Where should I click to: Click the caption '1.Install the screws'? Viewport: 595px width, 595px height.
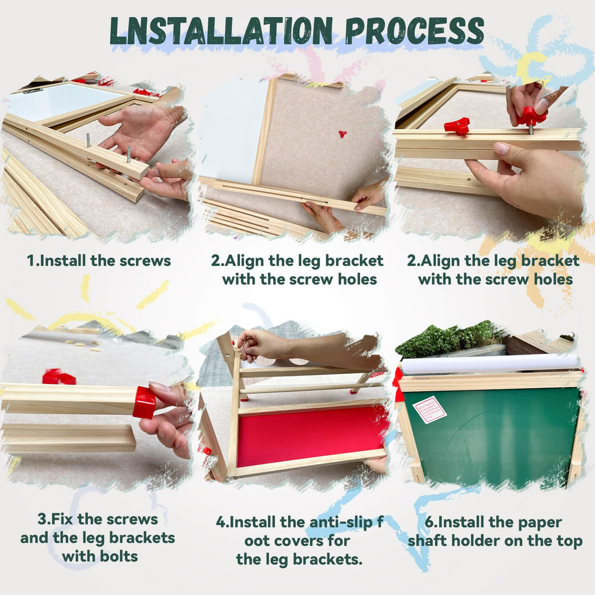pyautogui.click(x=99, y=260)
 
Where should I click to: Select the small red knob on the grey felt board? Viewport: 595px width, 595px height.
pyautogui.click(x=343, y=134)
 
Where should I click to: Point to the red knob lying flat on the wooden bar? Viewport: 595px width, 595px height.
pyautogui.click(x=456, y=126)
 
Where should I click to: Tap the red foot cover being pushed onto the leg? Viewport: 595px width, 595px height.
pyautogui.click(x=144, y=402)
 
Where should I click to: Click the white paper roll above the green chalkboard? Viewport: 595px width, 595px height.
pyautogui.click(x=490, y=364)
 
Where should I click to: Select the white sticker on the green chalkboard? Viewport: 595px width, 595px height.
pyautogui.click(x=430, y=410)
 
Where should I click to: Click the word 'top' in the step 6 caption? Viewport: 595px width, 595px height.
pyautogui.click(x=570, y=541)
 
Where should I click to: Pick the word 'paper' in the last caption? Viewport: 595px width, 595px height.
pyautogui.click(x=539, y=522)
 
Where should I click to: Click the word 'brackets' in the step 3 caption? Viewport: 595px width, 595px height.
pyautogui.click(x=142, y=538)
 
